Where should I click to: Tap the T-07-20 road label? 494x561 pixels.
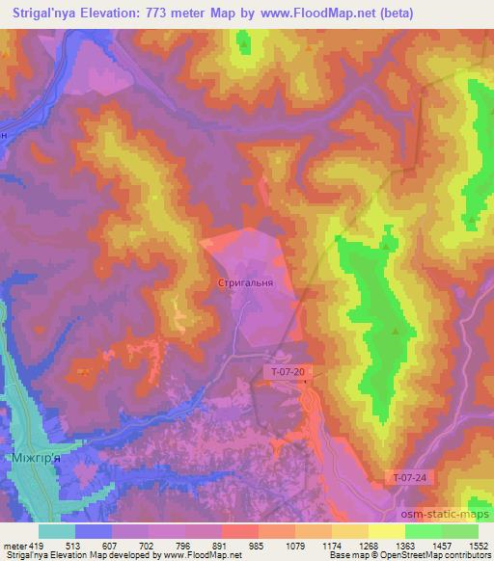tap(288, 371)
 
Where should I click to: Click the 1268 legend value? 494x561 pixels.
tap(368, 545)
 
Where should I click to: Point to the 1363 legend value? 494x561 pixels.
tap(404, 545)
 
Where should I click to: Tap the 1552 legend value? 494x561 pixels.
tap(477, 545)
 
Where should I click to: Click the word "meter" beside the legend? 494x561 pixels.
tap(13, 545)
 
